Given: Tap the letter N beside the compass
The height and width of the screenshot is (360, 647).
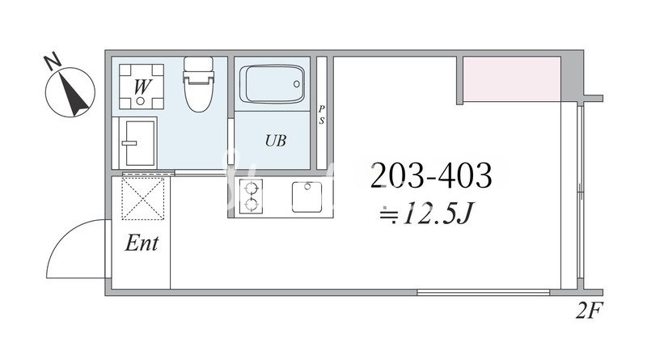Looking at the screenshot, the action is (53, 62).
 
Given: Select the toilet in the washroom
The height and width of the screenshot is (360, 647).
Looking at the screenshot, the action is (198, 84).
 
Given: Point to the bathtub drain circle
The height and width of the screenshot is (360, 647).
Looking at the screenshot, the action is (297, 84).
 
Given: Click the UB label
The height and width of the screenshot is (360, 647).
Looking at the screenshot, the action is (276, 141).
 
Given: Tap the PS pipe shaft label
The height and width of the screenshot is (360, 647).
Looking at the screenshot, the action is (321, 115).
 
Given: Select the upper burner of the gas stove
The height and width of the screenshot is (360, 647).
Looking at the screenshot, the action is (251, 188).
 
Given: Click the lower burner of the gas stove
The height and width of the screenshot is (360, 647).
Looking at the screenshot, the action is (251, 205).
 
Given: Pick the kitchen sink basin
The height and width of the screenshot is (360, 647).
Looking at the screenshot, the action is (307, 197).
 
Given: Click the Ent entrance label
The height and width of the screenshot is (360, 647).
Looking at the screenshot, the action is (142, 243).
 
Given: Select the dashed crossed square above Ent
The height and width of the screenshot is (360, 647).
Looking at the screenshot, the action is (143, 198).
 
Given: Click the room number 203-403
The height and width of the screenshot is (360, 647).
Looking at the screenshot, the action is (431, 176).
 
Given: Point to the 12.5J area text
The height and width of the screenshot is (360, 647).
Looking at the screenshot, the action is (426, 214).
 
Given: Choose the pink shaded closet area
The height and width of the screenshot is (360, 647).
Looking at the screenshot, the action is (512, 78).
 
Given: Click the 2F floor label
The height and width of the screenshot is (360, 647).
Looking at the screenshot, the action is (590, 311).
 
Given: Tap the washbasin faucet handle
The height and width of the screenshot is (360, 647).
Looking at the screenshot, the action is (129, 143).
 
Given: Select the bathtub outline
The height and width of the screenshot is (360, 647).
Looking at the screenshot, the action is (272, 84).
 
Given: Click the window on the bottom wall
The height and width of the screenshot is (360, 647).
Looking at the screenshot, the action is (483, 292).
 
